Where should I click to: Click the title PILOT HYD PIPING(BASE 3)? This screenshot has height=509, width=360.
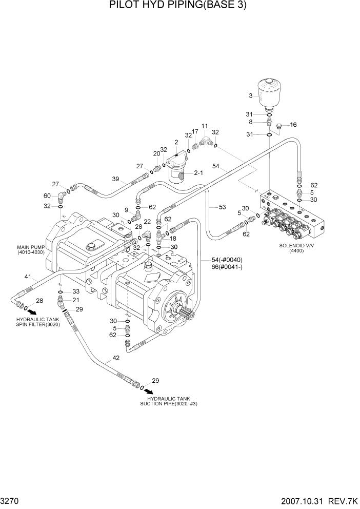[x=180, y=6]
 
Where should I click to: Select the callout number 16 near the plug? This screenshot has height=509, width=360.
[x=293, y=125]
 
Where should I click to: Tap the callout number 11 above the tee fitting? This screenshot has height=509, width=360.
[x=205, y=126]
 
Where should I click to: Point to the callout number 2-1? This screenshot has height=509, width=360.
[x=198, y=173]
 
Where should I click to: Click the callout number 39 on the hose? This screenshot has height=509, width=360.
[x=116, y=179]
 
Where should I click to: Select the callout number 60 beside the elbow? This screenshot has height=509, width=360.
[x=47, y=195]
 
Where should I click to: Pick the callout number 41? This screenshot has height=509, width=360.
[x=28, y=278]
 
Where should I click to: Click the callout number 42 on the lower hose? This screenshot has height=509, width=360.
[x=116, y=358]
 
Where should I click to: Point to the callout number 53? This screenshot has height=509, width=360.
[x=222, y=207]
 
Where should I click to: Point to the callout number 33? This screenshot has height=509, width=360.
[x=75, y=292]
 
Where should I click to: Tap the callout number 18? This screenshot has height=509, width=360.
[x=173, y=238]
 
